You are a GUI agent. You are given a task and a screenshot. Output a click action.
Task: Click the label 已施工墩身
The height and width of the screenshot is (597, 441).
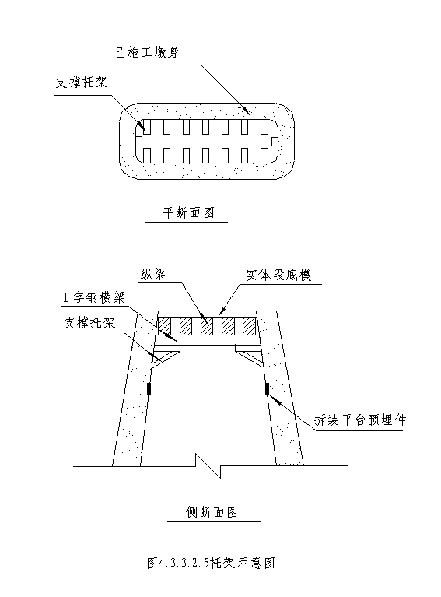click(147, 53)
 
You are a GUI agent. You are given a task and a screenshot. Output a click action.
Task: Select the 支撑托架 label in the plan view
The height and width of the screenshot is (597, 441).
click(82, 82)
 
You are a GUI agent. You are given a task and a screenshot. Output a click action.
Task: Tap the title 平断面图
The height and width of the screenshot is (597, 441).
click(188, 212)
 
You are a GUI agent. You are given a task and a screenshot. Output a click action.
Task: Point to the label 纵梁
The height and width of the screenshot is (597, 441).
click(153, 274)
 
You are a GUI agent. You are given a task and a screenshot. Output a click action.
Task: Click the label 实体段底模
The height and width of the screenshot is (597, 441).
click(278, 275)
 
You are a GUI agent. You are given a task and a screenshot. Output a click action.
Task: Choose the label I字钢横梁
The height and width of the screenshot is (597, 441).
click(94, 298)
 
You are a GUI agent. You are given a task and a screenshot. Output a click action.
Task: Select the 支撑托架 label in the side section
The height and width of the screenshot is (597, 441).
click(89, 323)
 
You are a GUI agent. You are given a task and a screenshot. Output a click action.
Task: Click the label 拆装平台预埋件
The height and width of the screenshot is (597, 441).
click(360, 420)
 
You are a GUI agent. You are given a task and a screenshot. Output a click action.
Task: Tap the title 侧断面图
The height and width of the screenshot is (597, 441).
click(212, 512)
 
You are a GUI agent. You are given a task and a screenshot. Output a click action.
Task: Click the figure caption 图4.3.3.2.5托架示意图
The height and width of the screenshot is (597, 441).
click(212, 562)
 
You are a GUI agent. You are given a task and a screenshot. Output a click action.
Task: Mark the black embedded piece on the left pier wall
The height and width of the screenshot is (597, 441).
click(149, 388)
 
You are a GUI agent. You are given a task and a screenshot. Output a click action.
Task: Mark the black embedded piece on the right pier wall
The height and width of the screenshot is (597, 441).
click(267, 388)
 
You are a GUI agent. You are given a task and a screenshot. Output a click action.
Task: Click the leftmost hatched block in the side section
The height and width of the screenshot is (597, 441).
click(164, 325)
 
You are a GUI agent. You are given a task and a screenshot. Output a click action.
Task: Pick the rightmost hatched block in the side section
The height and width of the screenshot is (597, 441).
click(249, 325)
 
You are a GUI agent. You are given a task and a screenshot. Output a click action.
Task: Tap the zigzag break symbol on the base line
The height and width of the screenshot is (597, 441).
click(208, 465)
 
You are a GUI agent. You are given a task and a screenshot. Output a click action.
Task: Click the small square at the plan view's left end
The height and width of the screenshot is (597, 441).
click(139, 141)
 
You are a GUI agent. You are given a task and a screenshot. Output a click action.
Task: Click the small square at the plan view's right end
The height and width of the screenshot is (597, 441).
click(275, 141)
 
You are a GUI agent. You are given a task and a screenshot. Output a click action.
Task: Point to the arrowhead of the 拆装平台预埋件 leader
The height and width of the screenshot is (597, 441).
click(274, 399)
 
